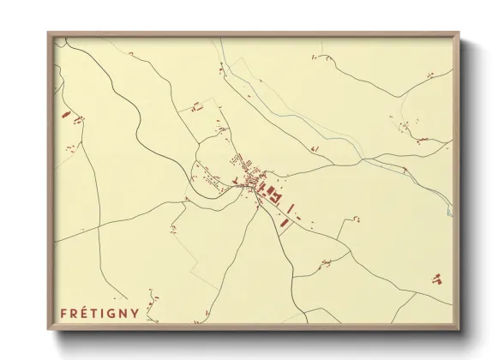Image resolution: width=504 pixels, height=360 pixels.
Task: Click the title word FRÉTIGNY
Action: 101,314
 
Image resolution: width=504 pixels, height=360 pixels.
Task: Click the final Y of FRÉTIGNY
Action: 137,314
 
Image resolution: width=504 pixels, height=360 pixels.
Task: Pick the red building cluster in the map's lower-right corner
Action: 438,278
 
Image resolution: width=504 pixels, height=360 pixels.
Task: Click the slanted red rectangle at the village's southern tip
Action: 284,221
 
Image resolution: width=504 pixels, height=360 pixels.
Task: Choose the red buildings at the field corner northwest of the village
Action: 196,108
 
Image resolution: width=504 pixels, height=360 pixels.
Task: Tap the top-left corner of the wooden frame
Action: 49,33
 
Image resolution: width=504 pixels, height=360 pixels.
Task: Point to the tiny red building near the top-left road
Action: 130,54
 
